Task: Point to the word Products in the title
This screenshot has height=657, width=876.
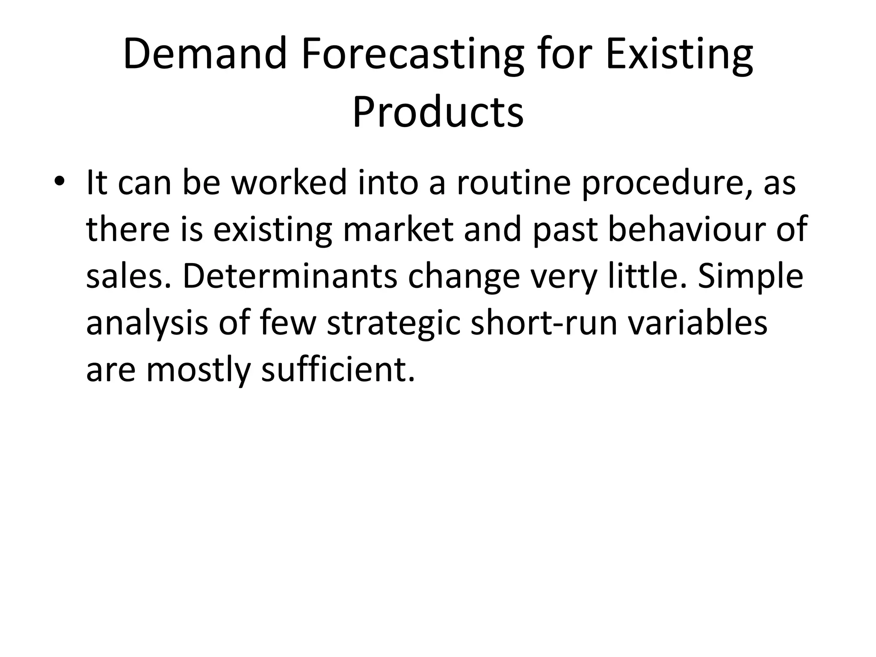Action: click(x=438, y=112)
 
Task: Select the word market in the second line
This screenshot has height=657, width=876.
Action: click(x=398, y=229)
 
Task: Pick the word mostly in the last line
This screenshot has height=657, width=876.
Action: click(x=198, y=370)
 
